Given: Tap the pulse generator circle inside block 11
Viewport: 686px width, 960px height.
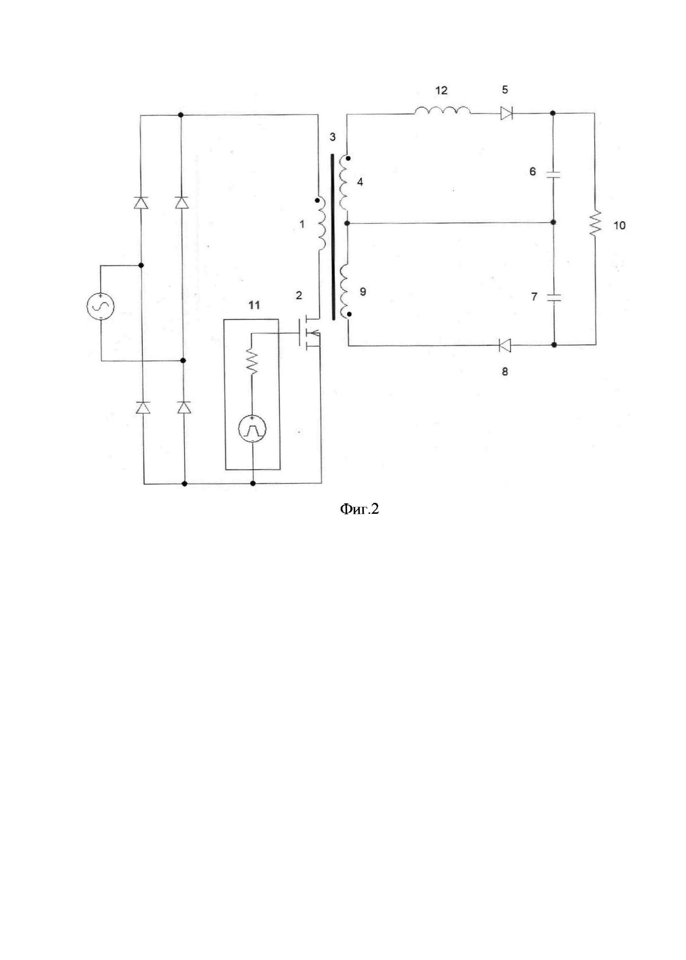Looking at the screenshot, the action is [x=252, y=429].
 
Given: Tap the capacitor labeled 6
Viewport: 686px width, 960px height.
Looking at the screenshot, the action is [x=553, y=175].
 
